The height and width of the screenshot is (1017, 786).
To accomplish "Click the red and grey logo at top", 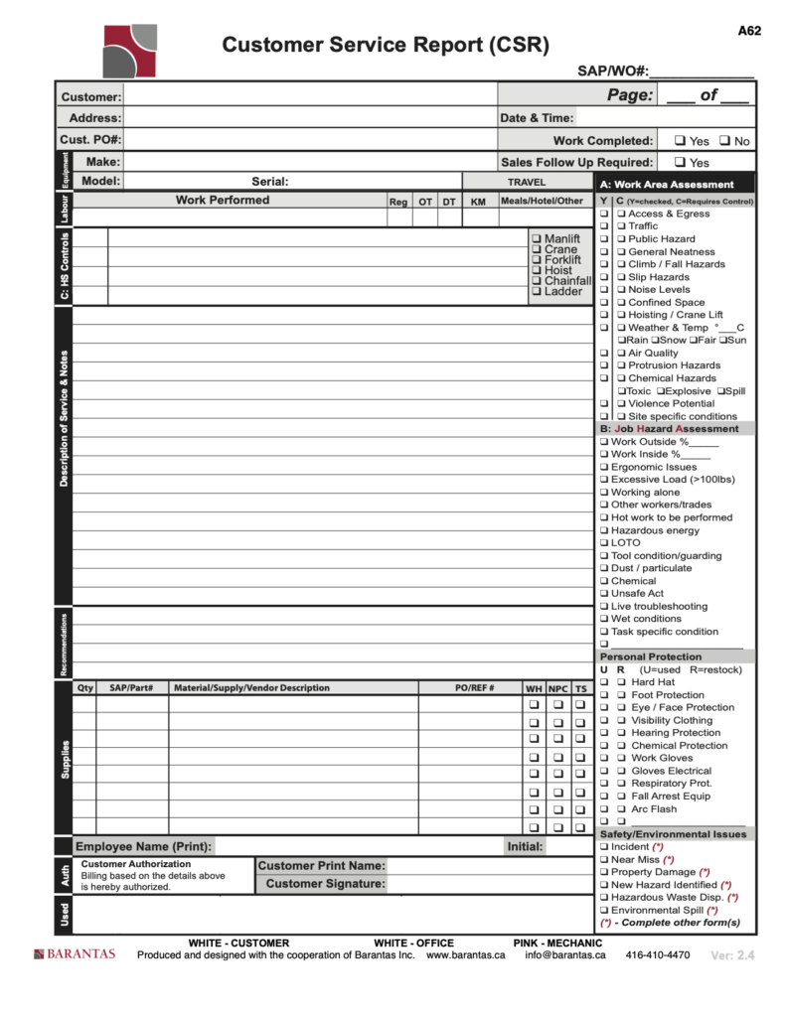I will point(130,49).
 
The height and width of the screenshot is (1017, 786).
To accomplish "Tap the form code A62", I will point(749,31).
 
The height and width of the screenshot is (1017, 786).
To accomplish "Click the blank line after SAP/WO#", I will point(702,72).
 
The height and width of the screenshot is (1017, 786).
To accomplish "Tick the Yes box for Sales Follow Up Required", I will point(680,162).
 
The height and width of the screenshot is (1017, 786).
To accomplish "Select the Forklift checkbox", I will point(537,260).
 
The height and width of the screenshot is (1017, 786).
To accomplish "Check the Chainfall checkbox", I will point(537,281).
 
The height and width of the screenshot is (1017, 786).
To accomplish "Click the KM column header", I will point(478,202).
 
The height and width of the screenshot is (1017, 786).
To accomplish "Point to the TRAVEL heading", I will point(527,183).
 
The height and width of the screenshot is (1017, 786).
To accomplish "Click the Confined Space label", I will point(666,302).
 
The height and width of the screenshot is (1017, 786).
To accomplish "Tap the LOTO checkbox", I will point(603,543).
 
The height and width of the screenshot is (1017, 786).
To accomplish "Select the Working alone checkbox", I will point(603,493).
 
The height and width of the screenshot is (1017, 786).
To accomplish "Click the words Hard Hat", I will point(653,682).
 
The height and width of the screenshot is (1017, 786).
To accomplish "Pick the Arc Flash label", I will point(653,808).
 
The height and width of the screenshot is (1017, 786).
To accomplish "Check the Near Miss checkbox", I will point(603,859).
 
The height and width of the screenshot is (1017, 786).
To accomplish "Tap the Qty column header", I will point(85,687).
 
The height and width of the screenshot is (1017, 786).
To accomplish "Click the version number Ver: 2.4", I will point(733,955).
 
